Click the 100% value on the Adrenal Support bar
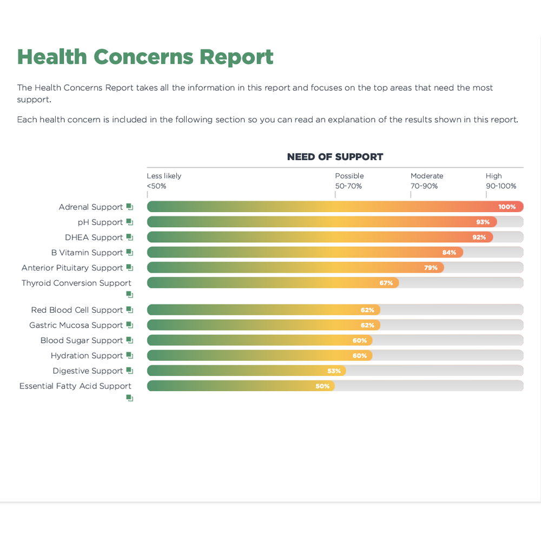tap(507, 207)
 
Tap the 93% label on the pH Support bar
tap(483, 222)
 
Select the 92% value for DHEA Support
tap(479, 237)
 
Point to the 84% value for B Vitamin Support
tap(449, 252)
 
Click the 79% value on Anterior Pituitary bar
tap(431, 267)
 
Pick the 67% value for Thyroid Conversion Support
tap(386, 282)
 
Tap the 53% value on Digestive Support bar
tap(334, 371)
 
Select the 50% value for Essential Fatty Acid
tap(322, 386)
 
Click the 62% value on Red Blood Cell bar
tap(367, 310)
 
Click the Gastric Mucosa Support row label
tap(76, 325)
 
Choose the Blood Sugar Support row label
tap(81, 340)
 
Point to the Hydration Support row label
tap(87, 355)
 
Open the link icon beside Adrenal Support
tap(129, 207)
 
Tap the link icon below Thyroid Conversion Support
tap(129, 294)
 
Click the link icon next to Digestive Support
tap(129, 371)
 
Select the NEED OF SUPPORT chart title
tap(335, 157)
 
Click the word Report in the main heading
tap(236, 57)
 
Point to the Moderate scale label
tap(426, 176)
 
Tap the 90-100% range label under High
tap(500, 186)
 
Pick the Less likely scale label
tap(164, 176)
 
